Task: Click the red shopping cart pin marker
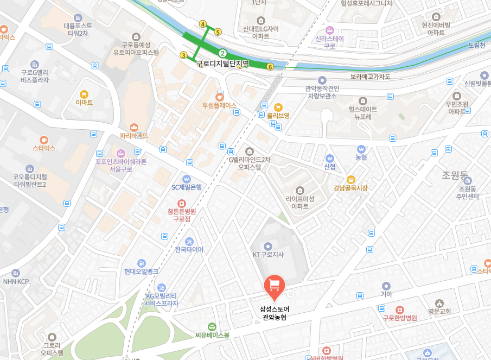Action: pyautogui.click(x=275, y=286)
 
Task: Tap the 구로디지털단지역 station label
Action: pyautogui.click(x=222, y=64)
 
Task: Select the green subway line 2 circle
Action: pyautogui.click(x=222, y=53)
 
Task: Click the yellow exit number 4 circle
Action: pyautogui.click(x=203, y=24)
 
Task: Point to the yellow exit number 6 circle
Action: pyautogui.click(x=270, y=67)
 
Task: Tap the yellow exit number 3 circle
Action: pyautogui.click(x=184, y=55)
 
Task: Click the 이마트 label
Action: pyautogui.click(x=84, y=102)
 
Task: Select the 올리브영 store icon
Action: pyautogui.click(x=278, y=107)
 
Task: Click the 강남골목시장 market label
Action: pyautogui.click(x=350, y=188)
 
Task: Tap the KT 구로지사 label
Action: pyautogui.click(x=268, y=254)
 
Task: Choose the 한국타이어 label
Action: pyautogui.click(x=189, y=250)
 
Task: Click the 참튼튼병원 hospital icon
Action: pyautogui.click(x=181, y=203)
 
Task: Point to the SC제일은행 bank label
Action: pyautogui.click(x=186, y=187)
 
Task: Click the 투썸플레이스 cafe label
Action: pyautogui.click(x=219, y=105)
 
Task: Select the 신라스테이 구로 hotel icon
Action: pyautogui.click(x=329, y=30)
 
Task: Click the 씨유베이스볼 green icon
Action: pyautogui.click(x=212, y=326)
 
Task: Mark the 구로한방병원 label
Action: pyautogui.click(x=399, y=318)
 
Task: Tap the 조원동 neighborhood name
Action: pyautogui.click(x=454, y=175)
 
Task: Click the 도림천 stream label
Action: pyautogui.click(x=476, y=45)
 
